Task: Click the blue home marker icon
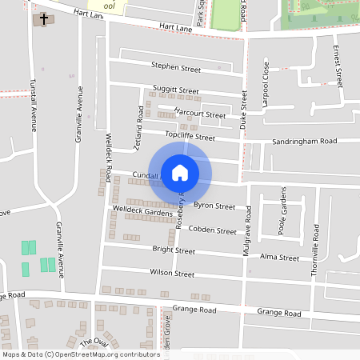point(180,172)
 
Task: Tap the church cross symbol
point(41,18)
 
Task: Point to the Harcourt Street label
point(200,114)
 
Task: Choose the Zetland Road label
point(138,129)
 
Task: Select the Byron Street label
point(214,206)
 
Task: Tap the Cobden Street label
point(211,230)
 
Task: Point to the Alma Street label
point(279,258)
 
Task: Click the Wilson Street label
point(172,274)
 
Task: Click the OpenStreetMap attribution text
point(80,354)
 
